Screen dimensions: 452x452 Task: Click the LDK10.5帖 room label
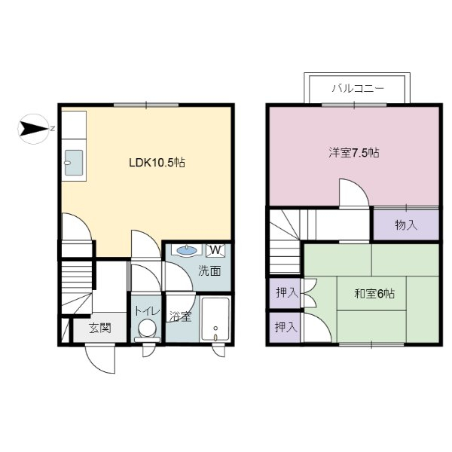(157, 163)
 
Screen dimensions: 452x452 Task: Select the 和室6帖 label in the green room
(374, 293)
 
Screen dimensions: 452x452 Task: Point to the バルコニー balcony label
(358, 89)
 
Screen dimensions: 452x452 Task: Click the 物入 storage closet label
(406, 224)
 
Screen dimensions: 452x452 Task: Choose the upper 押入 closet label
(285, 292)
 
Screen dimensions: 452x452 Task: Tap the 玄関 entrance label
(99, 328)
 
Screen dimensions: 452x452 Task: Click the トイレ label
(145, 310)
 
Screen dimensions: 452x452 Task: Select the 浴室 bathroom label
(179, 316)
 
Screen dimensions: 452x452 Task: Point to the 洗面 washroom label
(209, 271)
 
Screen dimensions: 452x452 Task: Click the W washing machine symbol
(215, 250)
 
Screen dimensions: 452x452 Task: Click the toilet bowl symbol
(148, 329)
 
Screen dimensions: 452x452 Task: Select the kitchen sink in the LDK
(74, 163)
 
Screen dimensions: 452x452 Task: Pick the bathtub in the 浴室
(217, 319)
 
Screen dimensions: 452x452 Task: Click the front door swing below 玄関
(100, 359)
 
